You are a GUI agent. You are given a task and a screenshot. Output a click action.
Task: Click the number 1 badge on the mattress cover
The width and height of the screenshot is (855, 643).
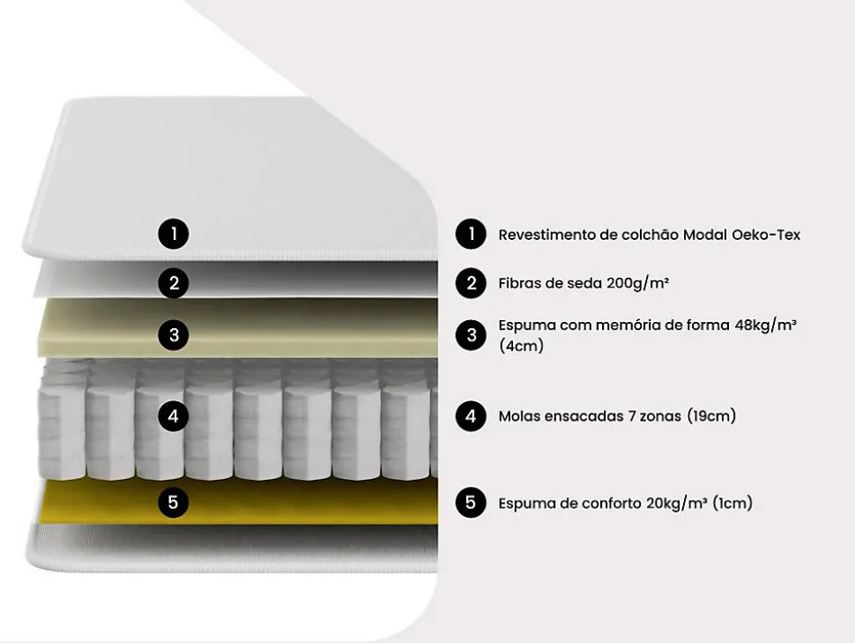click(175, 234)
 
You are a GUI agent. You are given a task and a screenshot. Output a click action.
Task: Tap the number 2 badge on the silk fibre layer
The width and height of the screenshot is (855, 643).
click(175, 283)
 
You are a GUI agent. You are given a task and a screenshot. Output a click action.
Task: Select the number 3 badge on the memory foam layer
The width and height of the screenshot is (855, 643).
click(175, 335)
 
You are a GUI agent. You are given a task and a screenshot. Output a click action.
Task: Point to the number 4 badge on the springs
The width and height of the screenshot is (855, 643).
click(175, 415)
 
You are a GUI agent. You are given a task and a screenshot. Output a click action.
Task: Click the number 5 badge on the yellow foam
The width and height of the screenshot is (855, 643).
click(174, 503)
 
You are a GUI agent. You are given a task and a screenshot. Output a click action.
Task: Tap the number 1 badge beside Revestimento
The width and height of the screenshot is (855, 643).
click(472, 234)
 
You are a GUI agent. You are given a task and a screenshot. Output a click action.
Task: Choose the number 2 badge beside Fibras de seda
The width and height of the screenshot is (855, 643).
click(472, 283)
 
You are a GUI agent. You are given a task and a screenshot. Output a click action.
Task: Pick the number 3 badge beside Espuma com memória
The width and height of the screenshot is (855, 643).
click(472, 335)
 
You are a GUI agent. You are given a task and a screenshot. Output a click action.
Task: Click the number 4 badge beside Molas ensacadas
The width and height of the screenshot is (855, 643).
click(472, 415)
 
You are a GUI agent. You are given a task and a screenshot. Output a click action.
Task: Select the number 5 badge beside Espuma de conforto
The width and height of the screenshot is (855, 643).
click(472, 503)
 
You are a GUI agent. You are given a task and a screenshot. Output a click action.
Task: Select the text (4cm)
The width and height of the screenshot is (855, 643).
click(521, 346)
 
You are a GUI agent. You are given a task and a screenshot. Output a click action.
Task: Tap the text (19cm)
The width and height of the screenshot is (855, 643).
click(711, 415)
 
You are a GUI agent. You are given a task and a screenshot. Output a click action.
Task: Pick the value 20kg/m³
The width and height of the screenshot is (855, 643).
click(677, 504)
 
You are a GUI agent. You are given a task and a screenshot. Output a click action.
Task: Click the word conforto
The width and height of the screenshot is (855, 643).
click(611, 504)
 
